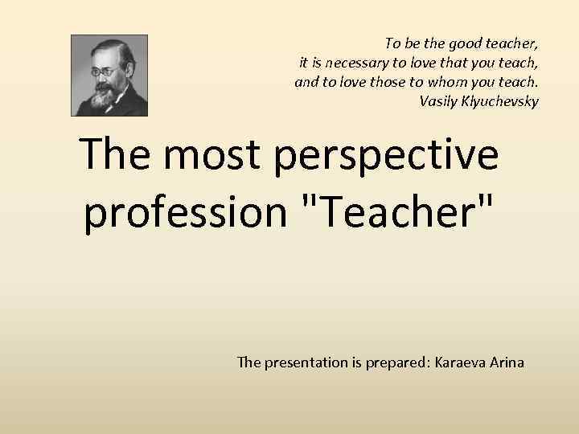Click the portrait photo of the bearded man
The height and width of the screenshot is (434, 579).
tap(109, 75)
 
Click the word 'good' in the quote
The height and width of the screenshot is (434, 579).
tap(460, 42)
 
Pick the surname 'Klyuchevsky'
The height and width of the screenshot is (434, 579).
tap(501, 101)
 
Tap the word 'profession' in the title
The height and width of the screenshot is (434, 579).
tap(184, 212)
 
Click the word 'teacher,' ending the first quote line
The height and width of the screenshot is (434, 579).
tap(510, 42)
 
